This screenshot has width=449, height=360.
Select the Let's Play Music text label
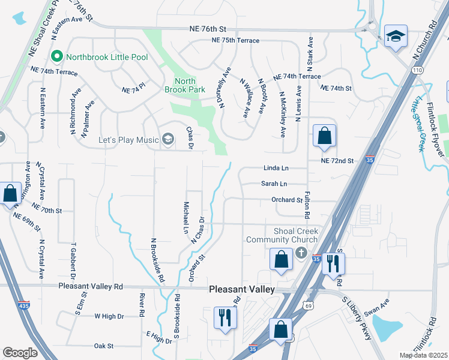coord(129,140)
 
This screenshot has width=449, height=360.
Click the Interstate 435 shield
coord(23,305)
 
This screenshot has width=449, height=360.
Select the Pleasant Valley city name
coord(242,289)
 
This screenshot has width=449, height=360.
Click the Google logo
coord(20,353)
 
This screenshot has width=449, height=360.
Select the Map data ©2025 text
coord(424,355)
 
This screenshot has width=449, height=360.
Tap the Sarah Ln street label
coord(274,184)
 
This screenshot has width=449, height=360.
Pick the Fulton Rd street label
coord(307,206)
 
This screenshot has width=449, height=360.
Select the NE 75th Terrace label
coord(235,40)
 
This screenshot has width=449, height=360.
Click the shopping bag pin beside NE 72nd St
coord(324,137)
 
